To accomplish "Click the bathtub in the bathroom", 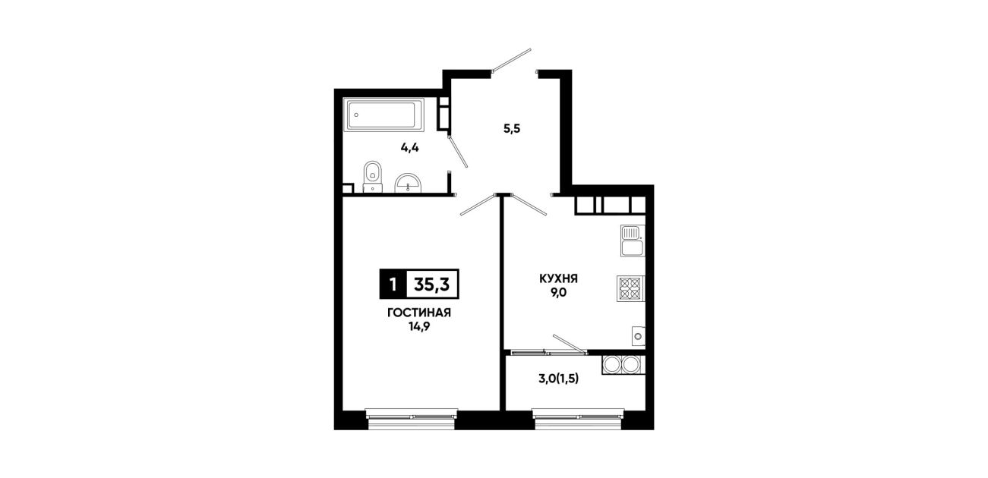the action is [385, 115].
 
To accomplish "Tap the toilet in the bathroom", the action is [373, 177].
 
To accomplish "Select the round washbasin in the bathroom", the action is [408, 184].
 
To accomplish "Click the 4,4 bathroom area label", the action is [410, 148].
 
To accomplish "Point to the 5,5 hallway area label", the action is [512, 129].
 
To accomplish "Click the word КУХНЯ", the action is [558, 279].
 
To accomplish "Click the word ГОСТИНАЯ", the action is [419, 313].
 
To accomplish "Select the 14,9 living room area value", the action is [419, 327].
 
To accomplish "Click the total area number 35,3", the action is [432, 285].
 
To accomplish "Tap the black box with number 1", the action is [393, 285].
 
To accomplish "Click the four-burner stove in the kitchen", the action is [631, 288].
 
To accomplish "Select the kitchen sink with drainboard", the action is [633, 241].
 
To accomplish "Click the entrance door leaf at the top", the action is [512, 59].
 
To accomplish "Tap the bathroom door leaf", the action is [458, 152].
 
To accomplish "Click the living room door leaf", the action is [478, 205].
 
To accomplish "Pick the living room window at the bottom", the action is [412, 419].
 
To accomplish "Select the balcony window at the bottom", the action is [578, 419].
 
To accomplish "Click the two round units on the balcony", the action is [623, 365].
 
